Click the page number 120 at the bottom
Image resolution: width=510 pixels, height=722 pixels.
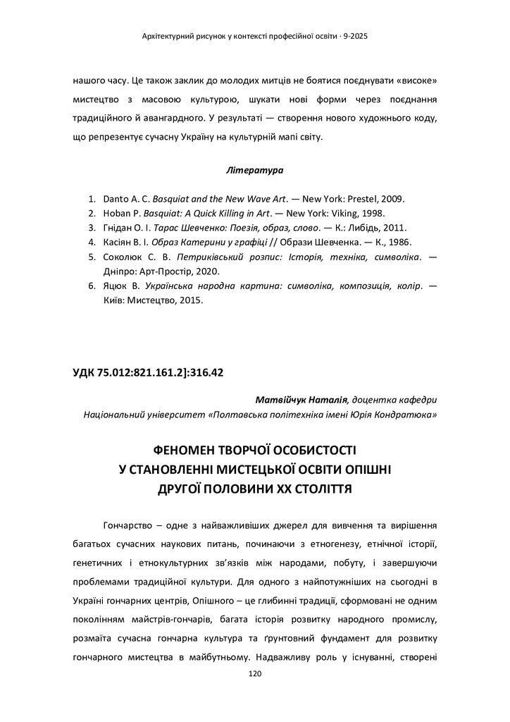pyautogui.click(x=255, y=674)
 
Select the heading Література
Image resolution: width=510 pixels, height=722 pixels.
pyautogui.click(x=254, y=171)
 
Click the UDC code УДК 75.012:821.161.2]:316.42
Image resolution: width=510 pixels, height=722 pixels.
pyautogui.click(x=148, y=373)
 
